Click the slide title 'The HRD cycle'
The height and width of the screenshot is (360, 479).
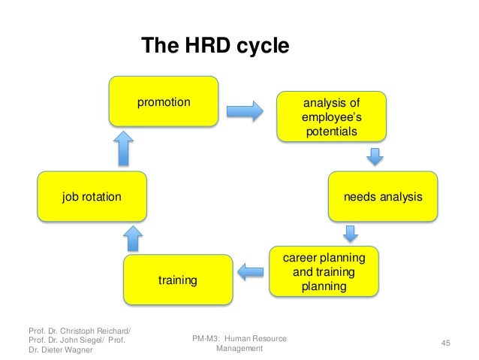coord(215,46)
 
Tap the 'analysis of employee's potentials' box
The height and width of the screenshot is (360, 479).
coord(330,116)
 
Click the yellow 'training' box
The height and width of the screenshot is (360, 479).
coord(178,280)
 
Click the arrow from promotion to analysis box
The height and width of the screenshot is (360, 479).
coord(244,110)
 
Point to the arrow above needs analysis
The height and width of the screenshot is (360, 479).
coord(374,157)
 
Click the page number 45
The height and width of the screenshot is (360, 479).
coord(445,343)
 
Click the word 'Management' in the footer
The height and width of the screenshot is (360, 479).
coord(239,349)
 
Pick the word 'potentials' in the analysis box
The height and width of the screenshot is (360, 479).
coord(330,133)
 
